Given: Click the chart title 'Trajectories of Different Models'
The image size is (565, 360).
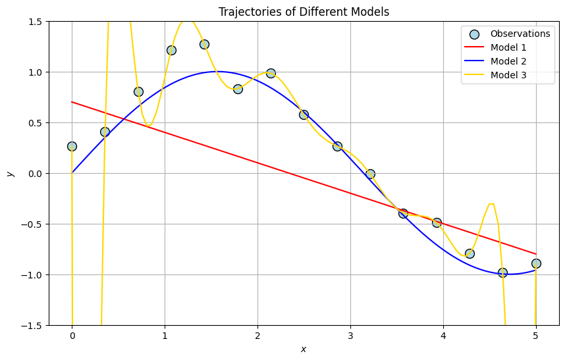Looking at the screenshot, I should tap(304, 11).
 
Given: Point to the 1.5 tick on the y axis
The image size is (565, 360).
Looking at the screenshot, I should tap(34, 22).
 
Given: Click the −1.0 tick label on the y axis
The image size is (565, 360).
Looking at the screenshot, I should tap(32, 274).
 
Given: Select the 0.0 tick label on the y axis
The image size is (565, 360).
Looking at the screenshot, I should tap(34, 173).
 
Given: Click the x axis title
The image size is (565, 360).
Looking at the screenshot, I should tap(304, 349).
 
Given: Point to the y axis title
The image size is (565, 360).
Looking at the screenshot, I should tap(10, 173).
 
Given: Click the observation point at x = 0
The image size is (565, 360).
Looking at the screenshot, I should tap(72, 146).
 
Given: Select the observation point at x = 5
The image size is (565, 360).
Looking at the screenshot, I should tap(536, 263).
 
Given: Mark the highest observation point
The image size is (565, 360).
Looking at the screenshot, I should tap(204, 44).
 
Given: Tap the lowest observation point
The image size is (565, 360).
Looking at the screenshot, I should tap(502, 272).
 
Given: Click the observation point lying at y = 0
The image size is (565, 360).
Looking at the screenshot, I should tap(370, 174).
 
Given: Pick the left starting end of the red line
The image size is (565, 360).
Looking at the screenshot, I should tap(72, 102).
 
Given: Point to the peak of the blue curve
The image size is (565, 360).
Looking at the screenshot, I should tap(218, 72).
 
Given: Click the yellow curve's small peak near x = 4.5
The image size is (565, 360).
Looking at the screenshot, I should tap(491, 203).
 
